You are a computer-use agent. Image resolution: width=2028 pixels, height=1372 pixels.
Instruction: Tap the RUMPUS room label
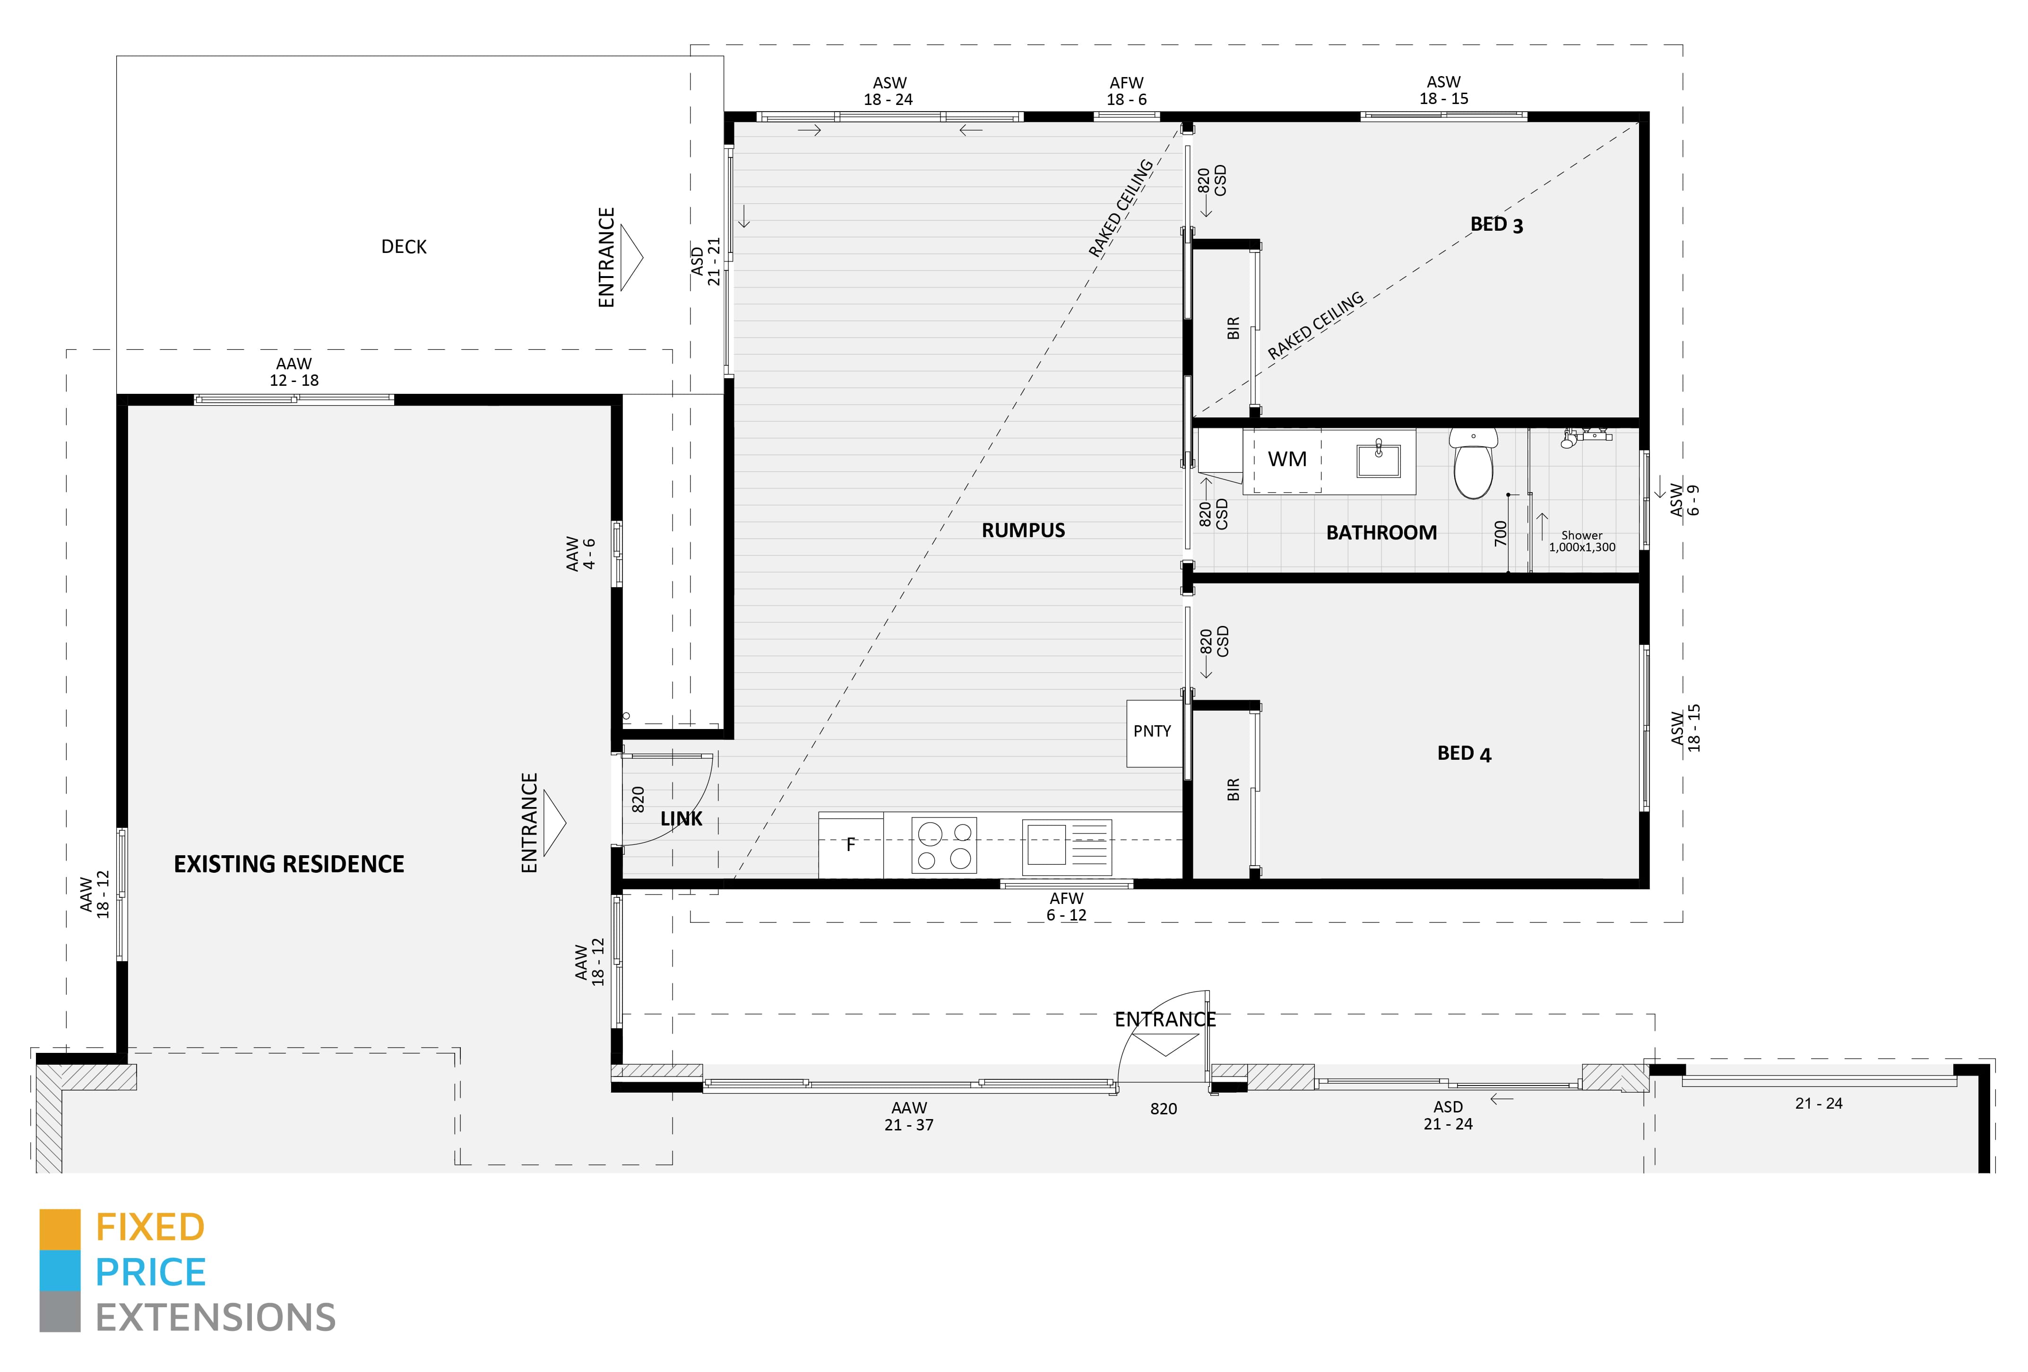[x=1023, y=530]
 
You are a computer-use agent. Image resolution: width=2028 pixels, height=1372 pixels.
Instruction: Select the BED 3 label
[x=1496, y=224]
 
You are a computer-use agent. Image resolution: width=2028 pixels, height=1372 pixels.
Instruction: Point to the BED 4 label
[x=1463, y=753]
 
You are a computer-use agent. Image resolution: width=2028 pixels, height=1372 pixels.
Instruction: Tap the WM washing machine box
[x=1286, y=459]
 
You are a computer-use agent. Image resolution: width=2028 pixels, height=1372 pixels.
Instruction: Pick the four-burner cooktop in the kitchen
[x=943, y=845]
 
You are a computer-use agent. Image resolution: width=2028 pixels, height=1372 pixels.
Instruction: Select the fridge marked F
[x=851, y=845]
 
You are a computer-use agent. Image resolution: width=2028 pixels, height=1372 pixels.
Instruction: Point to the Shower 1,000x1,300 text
[x=1581, y=541]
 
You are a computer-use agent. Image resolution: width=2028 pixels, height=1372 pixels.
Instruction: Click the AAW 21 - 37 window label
[x=908, y=1116]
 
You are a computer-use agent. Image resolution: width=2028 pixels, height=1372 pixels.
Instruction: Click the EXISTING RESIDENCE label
[x=289, y=864]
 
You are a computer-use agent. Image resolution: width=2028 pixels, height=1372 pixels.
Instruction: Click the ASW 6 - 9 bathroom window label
[x=1684, y=500]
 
